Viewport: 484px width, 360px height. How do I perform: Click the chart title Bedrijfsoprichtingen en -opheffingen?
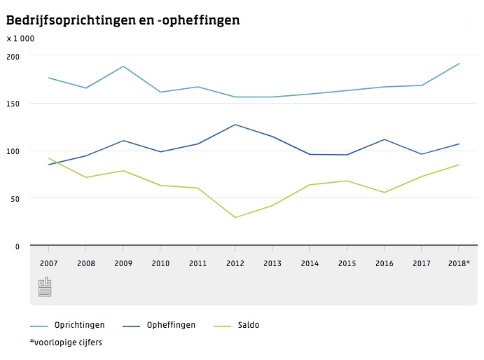(x=123, y=20)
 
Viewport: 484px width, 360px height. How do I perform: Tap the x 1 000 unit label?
(x=21, y=39)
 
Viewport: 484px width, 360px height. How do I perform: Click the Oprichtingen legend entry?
(x=79, y=325)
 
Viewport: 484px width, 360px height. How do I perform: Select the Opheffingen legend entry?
(x=171, y=325)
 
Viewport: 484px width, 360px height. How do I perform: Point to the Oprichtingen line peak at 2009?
(x=123, y=67)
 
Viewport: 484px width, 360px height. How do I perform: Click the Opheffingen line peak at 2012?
(x=235, y=125)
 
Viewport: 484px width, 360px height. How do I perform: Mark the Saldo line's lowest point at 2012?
(x=235, y=217)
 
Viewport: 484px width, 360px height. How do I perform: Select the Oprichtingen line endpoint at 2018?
(x=459, y=64)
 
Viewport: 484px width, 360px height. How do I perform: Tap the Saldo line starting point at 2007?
(x=48, y=158)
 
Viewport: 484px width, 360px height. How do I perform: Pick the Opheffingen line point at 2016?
(x=384, y=139)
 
